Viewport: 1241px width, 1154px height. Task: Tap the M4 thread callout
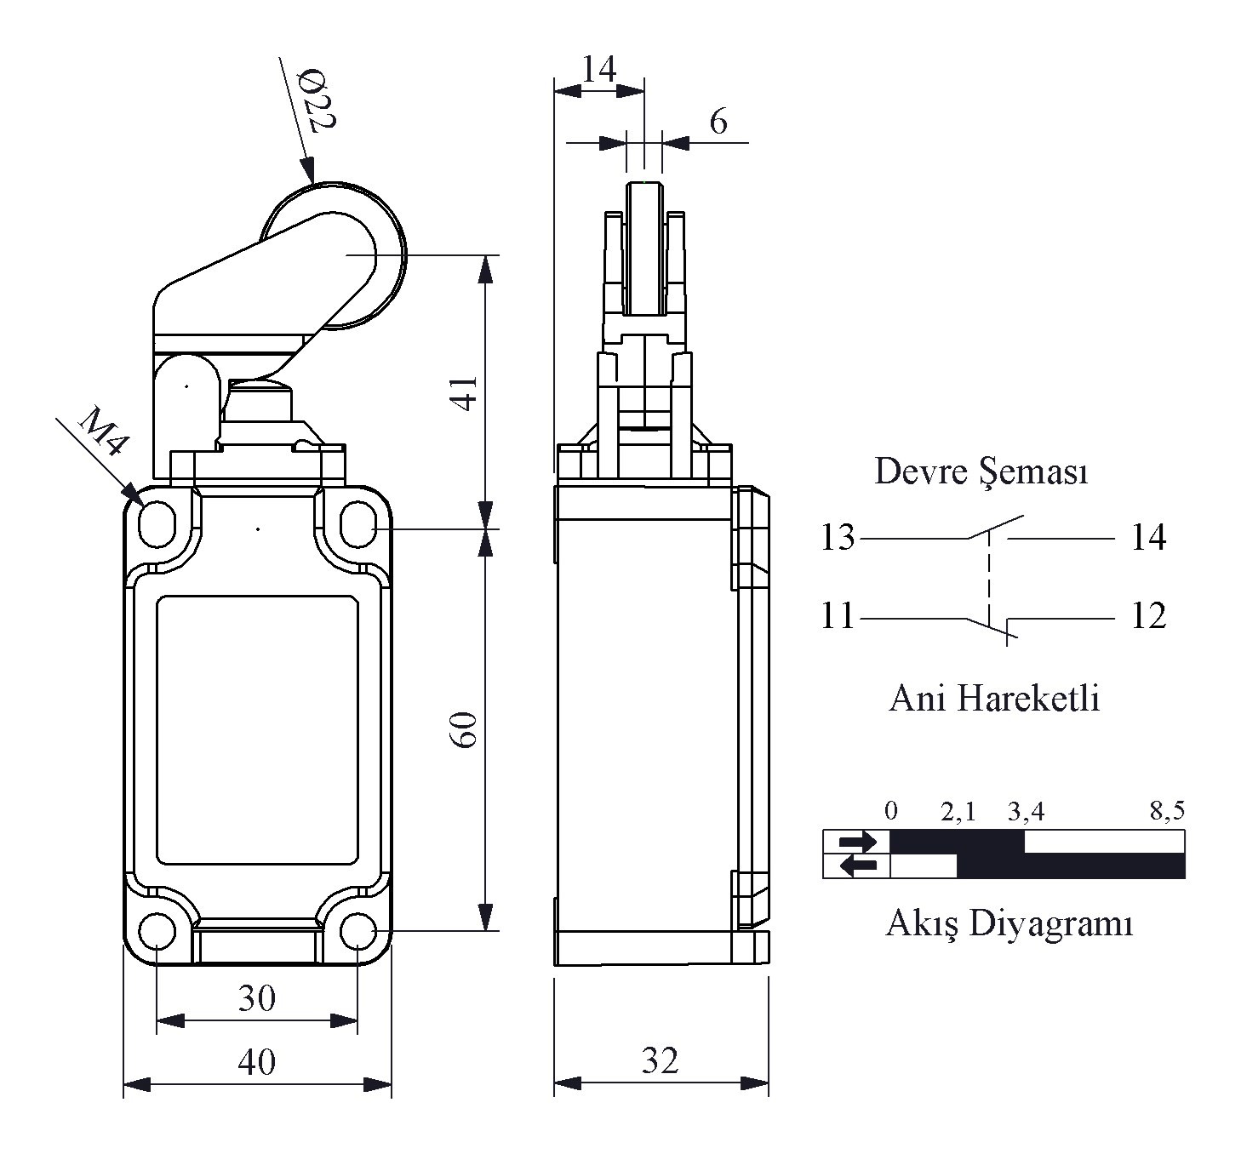point(103,431)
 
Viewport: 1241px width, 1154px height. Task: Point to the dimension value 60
point(465,729)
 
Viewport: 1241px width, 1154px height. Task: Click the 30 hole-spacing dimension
point(257,997)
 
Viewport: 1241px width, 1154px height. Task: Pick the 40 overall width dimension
point(257,1061)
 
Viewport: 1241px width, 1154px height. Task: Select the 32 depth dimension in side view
point(660,1060)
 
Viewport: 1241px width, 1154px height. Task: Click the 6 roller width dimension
point(718,121)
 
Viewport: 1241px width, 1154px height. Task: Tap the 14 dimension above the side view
point(598,68)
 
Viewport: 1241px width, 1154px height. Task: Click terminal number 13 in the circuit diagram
point(838,537)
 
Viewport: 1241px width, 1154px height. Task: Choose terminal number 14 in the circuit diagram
point(1148,537)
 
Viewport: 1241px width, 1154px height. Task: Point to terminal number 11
point(838,616)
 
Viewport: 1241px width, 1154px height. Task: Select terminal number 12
point(1148,616)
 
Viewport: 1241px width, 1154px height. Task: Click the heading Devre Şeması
point(981,471)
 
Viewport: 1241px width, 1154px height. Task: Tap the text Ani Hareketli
point(994,698)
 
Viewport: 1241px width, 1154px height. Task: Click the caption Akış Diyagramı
point(1009,924)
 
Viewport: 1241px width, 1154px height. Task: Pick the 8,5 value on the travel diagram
point(1167,810)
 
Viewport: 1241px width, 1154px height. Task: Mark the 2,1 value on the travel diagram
point(958,812)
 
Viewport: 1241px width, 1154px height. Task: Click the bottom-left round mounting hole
point(157,932)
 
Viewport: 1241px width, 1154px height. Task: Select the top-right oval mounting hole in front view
point(358,523)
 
